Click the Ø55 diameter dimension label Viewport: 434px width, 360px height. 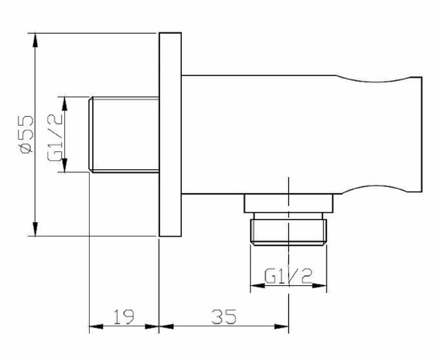click(25, 134)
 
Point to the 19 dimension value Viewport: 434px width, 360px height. click(123, 317)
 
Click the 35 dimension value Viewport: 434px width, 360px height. click(222, 317)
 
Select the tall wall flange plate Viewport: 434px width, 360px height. click(171, 135)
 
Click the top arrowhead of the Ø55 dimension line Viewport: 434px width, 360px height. click(34, 37)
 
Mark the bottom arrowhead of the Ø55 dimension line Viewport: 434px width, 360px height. click(34, 231)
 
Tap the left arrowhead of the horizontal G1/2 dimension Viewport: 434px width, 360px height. click(255, 286)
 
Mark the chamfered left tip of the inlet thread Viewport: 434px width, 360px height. click(91, 135)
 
